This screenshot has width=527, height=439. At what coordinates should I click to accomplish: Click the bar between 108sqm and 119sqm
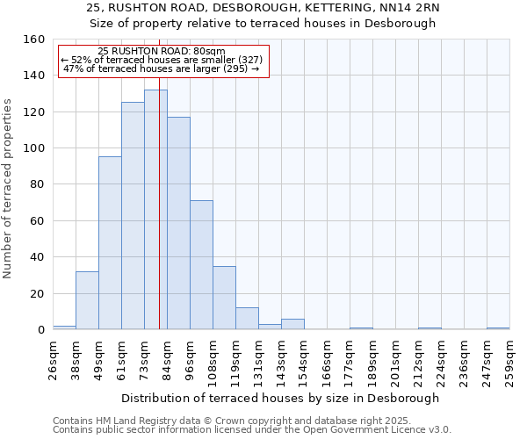pyautogui.click(x=224, y=298)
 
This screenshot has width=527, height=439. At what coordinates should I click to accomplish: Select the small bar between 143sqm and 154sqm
pyautogui.click(x=292, y=324)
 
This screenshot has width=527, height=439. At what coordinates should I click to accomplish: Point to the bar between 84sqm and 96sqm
pyautogui.click(x=178, y=223)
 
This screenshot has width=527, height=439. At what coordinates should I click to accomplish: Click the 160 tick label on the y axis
pyautogui.click(x=33, y=40)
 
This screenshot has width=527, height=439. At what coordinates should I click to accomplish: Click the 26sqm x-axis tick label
pyautogui.click(x=53, y=359)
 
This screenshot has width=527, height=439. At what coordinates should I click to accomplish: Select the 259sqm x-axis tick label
pyautogui.click(x=509, y=359)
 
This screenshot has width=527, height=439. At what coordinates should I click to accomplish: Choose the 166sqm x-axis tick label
pyautogui.click(x=327, y=359)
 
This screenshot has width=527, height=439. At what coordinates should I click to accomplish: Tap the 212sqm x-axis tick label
pyautogui.click(x=418, y=359)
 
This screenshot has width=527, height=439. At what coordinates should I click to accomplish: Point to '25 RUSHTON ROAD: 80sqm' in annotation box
pyautogui.click(x=162, y=52)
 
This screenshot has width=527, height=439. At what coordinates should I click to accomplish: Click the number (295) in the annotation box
pyautogui.click(x=239, y=68)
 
